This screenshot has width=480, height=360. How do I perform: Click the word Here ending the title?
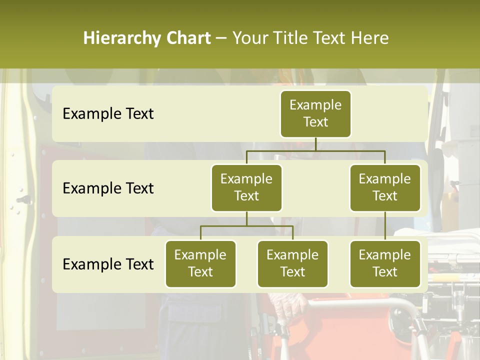click(369, 38)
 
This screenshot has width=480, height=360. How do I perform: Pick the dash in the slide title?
click(221, 38)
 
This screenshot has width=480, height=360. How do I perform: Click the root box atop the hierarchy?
click(315, 113)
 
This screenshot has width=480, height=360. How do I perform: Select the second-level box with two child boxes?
click(246, 187)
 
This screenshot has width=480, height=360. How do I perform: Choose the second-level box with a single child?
click(385, 187)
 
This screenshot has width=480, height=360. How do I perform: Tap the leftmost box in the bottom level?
click(200, 263)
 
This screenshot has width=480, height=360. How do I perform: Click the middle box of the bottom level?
click(292, 263)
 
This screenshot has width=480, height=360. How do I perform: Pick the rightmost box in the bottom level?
click(385, 263)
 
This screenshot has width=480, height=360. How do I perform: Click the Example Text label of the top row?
click(108, 114)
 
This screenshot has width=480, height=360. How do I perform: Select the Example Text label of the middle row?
click(108, 188)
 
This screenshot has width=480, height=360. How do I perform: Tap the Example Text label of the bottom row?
click(108, 264)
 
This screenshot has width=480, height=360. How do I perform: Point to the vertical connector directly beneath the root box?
click(315, 144)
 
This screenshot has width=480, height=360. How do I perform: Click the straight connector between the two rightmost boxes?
click(385, 226)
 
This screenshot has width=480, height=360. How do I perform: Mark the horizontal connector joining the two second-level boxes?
click(315, 150)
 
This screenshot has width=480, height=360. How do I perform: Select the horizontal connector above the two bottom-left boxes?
click(246, 226)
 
